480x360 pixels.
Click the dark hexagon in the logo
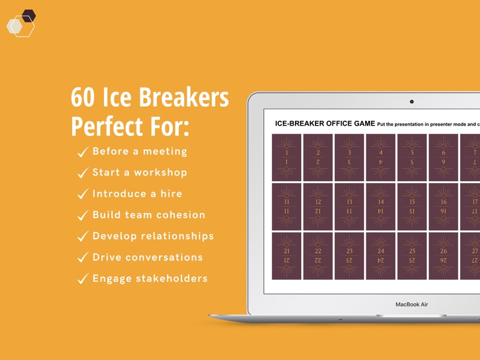click(28, 15)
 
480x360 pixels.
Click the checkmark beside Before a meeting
click(83, 152)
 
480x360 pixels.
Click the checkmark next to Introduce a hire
click(83, 194)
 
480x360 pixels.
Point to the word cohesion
click(180, 215)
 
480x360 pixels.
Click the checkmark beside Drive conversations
click(83, 258)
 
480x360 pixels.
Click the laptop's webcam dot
click(412, 101)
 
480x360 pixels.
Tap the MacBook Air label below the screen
click(412, 304)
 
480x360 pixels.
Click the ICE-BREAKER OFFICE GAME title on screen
click(325, 123)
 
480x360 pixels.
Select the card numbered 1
click(287, 158)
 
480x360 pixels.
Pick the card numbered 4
click(381, 158)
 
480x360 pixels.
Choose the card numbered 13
click(349, 207)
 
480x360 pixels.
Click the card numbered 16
click(444, 207)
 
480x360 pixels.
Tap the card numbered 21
click(287, 256)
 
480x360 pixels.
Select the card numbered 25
click(412, 256)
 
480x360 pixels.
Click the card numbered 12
click(318, 207)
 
